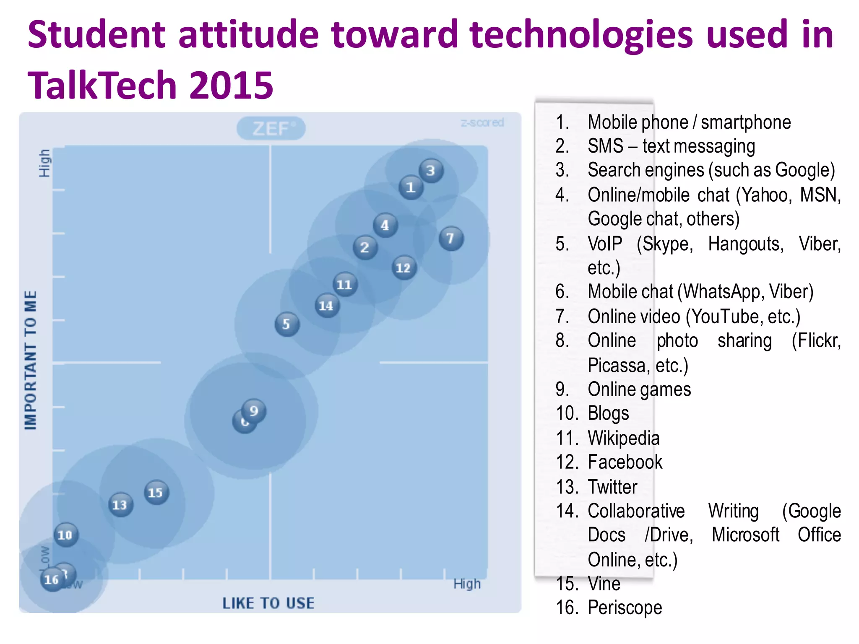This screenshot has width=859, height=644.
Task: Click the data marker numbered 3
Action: [x=431, y=171]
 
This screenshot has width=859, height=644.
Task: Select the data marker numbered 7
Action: [x=451, y=238]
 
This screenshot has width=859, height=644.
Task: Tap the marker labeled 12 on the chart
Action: [x=404, y=268]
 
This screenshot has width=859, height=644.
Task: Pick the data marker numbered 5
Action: [x=287, y=324]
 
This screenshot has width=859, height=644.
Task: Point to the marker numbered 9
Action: [x=254, y=410]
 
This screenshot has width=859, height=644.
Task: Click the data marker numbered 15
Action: [x=156, y=492]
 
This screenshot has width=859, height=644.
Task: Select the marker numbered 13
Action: [x=120, y=504]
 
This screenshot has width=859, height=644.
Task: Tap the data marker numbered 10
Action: [x=65, y=535]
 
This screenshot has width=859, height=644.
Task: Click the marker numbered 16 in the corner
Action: [x=52, y=579]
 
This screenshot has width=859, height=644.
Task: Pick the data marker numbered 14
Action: [x=327, y=306]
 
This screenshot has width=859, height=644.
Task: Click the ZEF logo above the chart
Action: [x=271, y=128]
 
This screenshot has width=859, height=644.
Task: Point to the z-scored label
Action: [x=482, y=123]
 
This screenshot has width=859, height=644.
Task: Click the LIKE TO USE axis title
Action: [x=268, y=603]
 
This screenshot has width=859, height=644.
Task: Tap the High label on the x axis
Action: [x=466, y=584]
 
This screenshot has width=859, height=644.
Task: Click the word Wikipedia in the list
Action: [x=623, y=438]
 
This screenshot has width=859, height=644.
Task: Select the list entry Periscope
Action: [x=625, y=607]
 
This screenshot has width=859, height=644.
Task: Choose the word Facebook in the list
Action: [x=625, y=462]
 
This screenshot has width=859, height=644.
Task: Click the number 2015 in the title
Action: [x=231, y=85]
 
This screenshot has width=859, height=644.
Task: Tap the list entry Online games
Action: [x=639, y=390]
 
